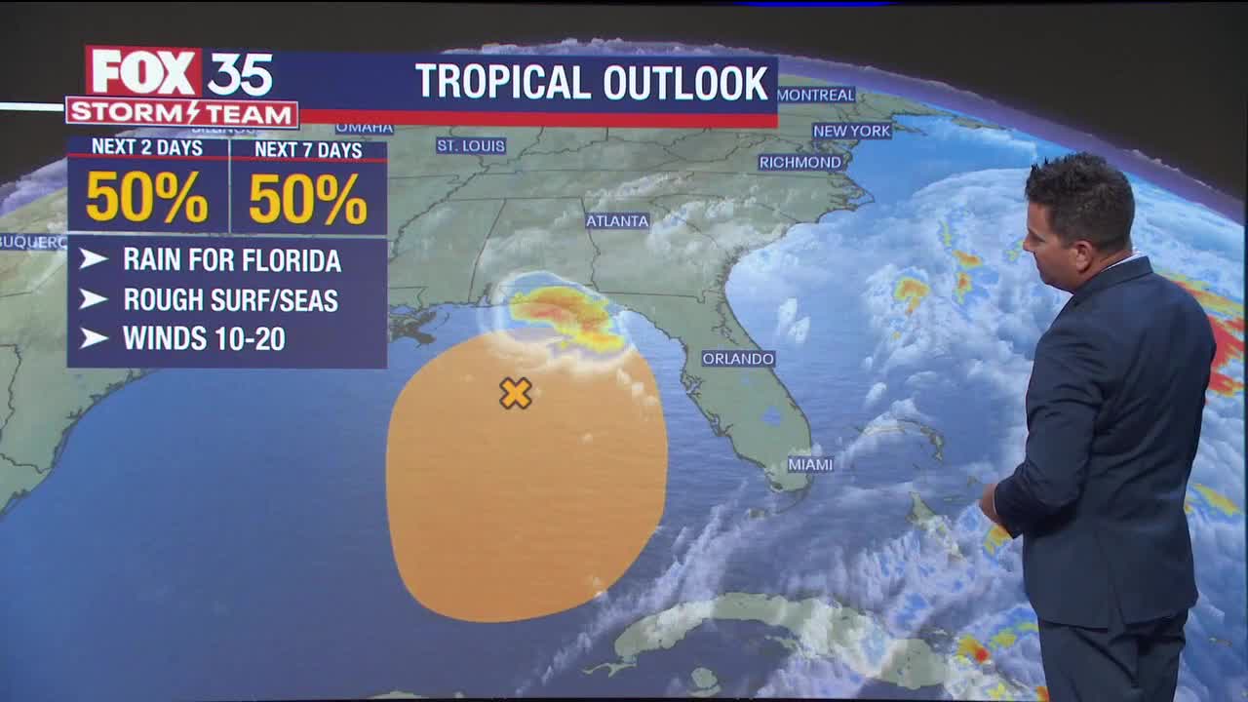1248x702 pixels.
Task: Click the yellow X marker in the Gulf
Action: tap(515, 393)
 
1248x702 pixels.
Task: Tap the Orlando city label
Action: tap(738, 359)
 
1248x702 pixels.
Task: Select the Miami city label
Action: tap(810, 464)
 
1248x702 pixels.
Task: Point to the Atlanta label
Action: tap(617, 221)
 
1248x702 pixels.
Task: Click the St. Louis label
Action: tap(471, 146)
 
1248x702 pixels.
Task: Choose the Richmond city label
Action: tap(799, 162)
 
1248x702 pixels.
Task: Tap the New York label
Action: tap(851, 131)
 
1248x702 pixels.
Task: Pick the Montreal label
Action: tap(816, 96)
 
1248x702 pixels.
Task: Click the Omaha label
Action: tap(364, 128)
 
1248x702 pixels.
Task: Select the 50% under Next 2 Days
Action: tap(146, 199)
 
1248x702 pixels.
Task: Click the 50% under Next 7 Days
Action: tap(308, 200)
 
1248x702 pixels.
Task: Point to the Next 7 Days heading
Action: tap(308, 150)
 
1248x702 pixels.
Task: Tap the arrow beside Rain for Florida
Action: tap(94, 259)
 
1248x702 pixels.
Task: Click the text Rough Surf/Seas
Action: tap(230, 300)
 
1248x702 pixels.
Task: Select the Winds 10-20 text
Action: tap(204, 339)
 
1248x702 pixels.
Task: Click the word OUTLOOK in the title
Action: tap(685, 83)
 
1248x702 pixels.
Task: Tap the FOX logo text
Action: tap(144, 73)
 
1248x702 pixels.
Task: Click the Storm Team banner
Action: tap(181, 113)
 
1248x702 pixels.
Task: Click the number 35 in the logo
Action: tap(240, 73)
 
